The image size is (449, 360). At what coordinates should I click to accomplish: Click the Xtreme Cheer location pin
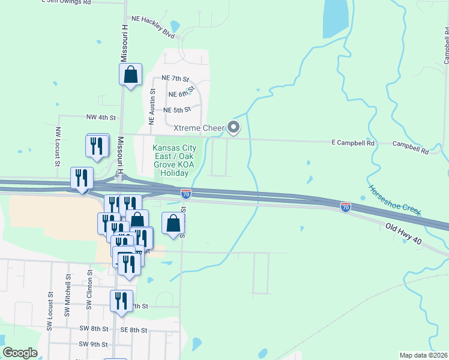[x=234, y=127]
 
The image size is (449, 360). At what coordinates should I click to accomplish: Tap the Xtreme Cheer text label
[x=199, y=128]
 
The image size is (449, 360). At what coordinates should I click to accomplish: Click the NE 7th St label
[x=175, y=79]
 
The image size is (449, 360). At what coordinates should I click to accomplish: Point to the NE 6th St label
[x=181, y=94]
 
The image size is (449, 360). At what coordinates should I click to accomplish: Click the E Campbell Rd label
[x=353, y=143]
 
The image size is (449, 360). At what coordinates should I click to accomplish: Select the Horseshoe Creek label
[x=394, y=200]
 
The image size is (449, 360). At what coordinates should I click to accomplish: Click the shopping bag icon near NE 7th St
[x=130, y=76]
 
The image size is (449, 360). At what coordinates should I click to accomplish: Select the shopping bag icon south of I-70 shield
[x=173, y=224]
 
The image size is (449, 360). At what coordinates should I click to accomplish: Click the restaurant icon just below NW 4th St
[x=97, y=146]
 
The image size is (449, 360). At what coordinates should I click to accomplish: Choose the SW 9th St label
[x=94, y=344]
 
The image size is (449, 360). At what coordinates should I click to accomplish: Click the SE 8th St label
[x=133, y=330]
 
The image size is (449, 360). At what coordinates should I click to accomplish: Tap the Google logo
[x=20, y=353]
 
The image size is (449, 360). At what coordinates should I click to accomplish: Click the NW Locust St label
[x=58, y=146]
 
